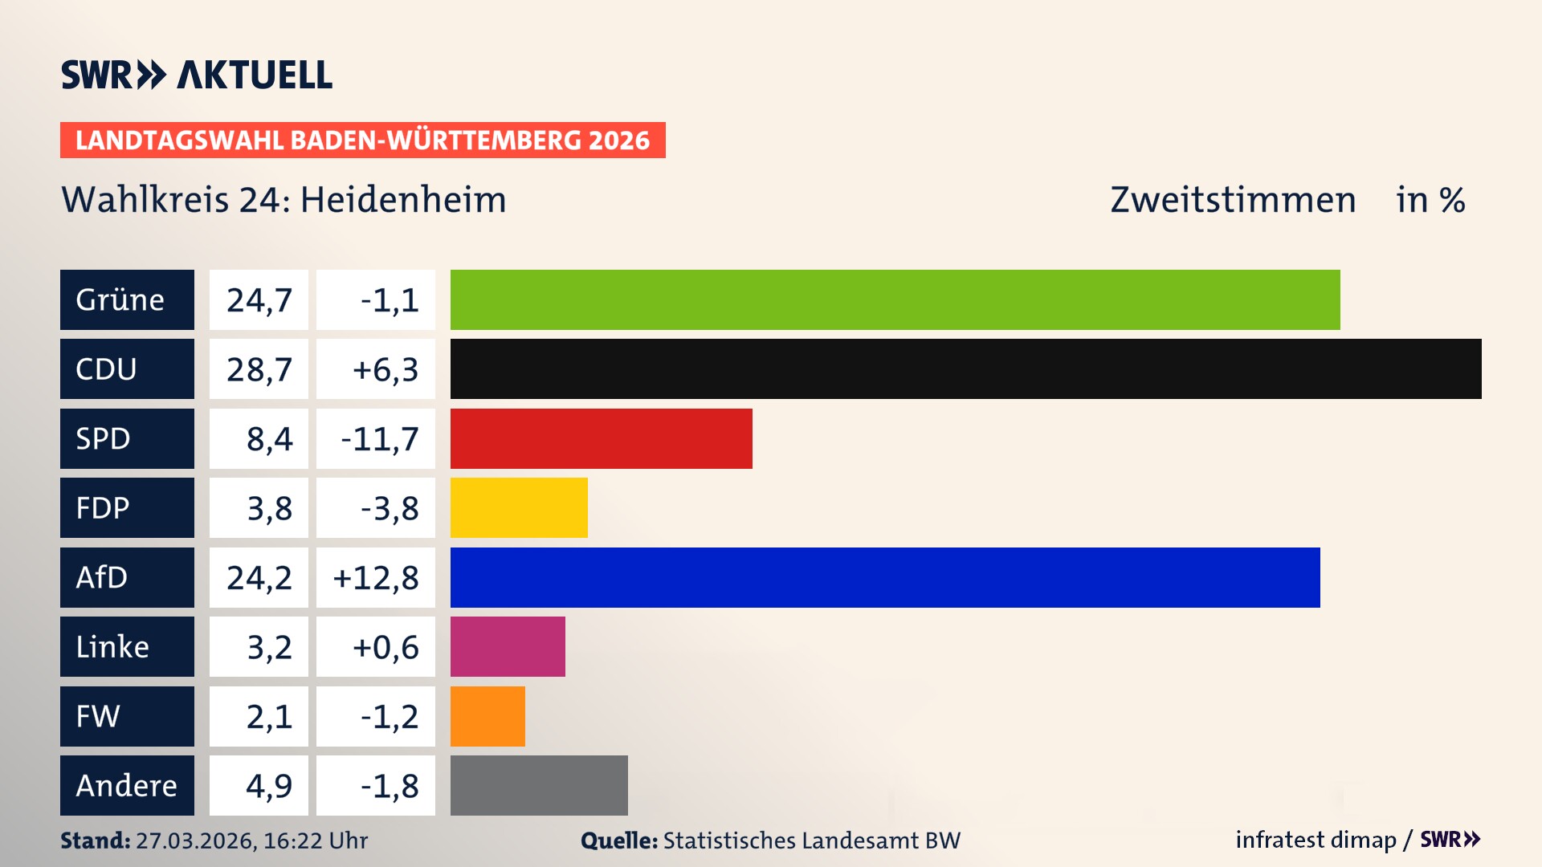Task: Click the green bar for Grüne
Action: click(895, 299)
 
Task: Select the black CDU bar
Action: click(965, 369)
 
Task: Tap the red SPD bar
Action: click(601, 438)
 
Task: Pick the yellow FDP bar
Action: click(519, 508)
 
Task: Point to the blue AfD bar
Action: click(885, 577)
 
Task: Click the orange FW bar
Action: click(487, 716)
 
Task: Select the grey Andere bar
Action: click(539, 785)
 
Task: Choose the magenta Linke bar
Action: click(508, 647)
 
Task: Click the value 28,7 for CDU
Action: click(259, 369)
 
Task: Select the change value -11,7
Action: click(379, 439)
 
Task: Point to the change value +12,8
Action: click(376, 578)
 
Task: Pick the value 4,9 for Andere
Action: click(268, 786)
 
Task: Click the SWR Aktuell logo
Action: click(197, 75)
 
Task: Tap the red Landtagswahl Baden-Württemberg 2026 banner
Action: click(362, 140)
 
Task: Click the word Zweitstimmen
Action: click(1233, 200)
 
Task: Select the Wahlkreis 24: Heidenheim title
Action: click(284, 200)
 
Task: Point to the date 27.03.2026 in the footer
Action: click(195, 841)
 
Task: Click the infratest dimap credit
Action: click(1316, 840)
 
